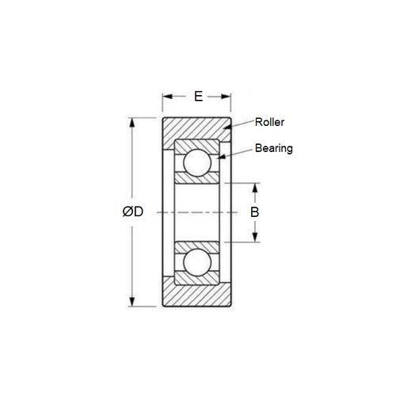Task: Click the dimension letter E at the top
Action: click(197, 96)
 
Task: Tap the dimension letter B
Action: click(254, 212)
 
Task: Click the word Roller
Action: click(269, 122)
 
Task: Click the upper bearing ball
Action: click(197, 162)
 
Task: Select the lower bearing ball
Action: click(197, 263)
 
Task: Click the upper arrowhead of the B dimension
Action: click(254, 187)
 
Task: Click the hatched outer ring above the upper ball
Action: click(197, 144)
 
